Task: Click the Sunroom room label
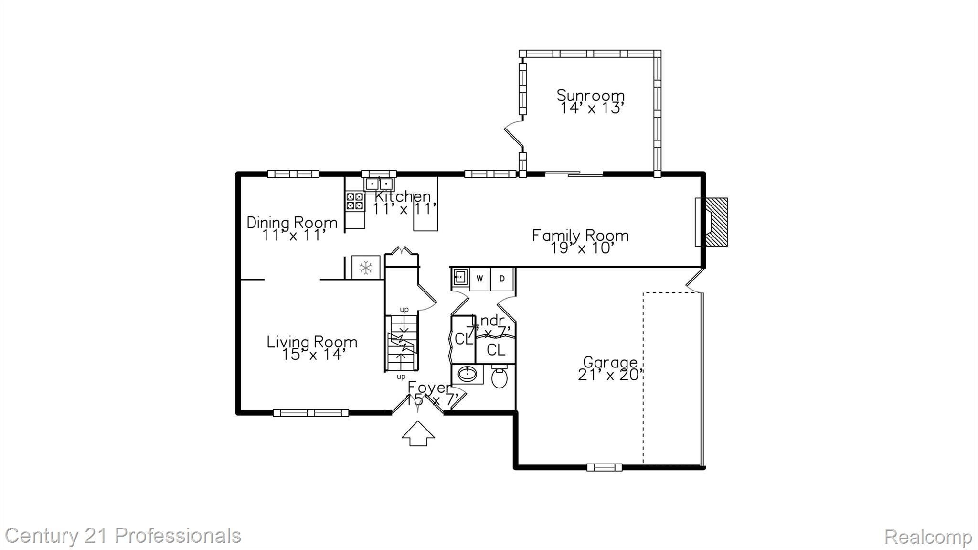coord(591,96)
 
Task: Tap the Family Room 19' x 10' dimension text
coord(581,248)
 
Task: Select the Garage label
coord(610,362)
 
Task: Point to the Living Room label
coord(312,342)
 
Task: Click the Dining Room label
coord(292,223)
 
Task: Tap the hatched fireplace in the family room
coord(716,222)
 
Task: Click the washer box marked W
coord(480,279)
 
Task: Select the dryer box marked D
coord(502,279)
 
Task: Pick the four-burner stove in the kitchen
coord(355,201)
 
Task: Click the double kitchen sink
coord(379,183)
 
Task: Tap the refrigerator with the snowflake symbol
coord(366,268)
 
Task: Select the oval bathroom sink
coord(467,374)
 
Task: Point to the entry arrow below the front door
coord(418,433)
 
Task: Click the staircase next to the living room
coord(402,343)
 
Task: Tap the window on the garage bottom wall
coord(604,467)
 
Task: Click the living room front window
coord(311,412)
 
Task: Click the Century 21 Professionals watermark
coord(123,536)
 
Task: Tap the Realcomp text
coord(928,537)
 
